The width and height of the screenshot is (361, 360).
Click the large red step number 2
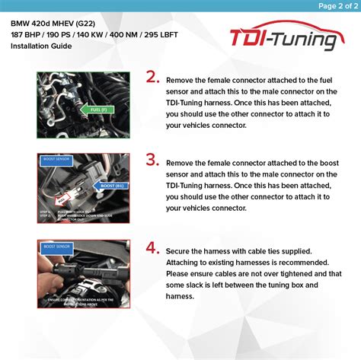click(x=152, y=77)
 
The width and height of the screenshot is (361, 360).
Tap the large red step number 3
click(x=152, y=160)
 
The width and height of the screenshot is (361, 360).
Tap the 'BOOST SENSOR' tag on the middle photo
click(x=53, y=161)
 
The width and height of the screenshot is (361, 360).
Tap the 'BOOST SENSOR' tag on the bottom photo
click(x=53, y=247)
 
